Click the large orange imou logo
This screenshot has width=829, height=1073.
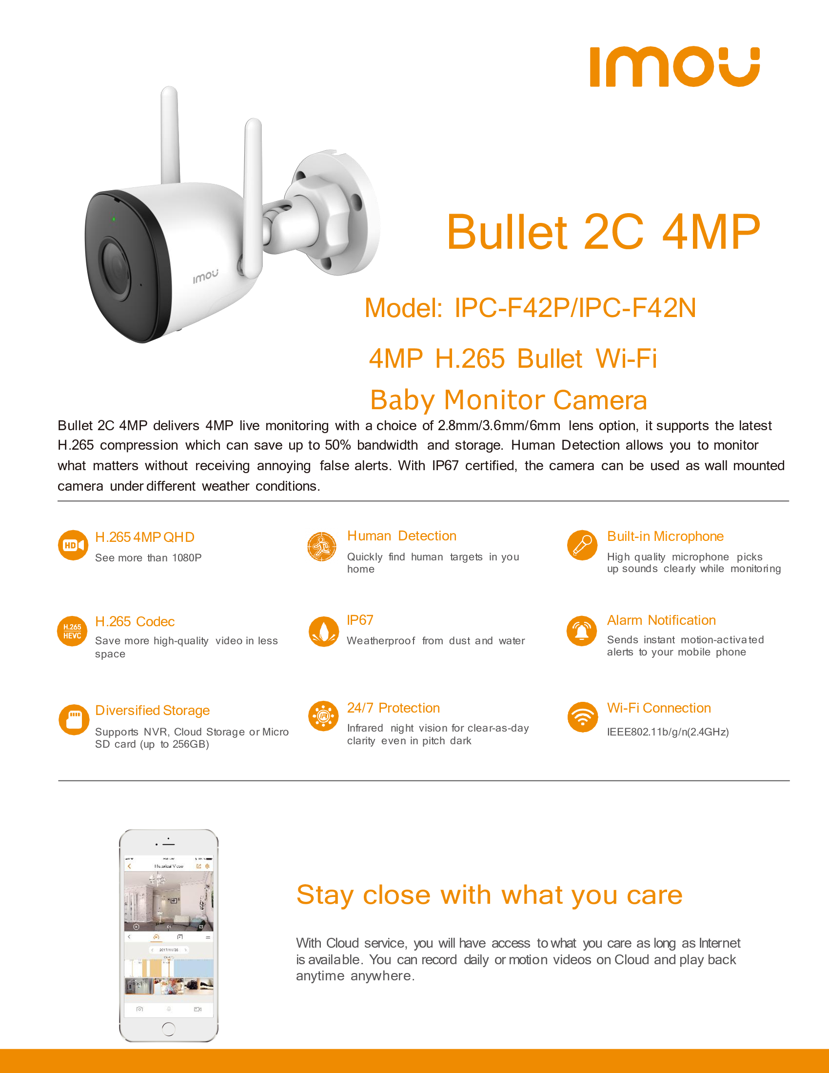[x=674, y=67]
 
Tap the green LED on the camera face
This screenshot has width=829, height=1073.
[x=114, y=219]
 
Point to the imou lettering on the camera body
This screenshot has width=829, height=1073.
[x=205, y=276]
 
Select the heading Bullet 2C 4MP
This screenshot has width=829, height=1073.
[x=603, y=232]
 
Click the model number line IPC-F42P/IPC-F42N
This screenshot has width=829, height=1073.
[x=530, y=308]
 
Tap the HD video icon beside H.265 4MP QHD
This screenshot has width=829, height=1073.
[x=73, y=545]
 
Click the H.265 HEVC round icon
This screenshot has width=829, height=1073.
[x=72, y=631]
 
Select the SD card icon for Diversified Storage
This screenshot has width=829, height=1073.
[x=74, y=720]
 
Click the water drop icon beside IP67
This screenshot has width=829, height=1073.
[x=324, y=631]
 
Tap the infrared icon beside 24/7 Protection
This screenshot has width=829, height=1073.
[x=323, y=716]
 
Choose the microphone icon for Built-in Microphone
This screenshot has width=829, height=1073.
[x=582, y=545]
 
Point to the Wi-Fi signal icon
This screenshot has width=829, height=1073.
[x=582, y=717]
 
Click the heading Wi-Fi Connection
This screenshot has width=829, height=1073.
[x=659, y=708]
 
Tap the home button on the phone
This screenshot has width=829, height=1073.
[x=168, y=1028]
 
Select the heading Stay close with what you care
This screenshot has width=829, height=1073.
[x=489, y=894]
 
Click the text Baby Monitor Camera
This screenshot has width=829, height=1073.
[x=508, y=400]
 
